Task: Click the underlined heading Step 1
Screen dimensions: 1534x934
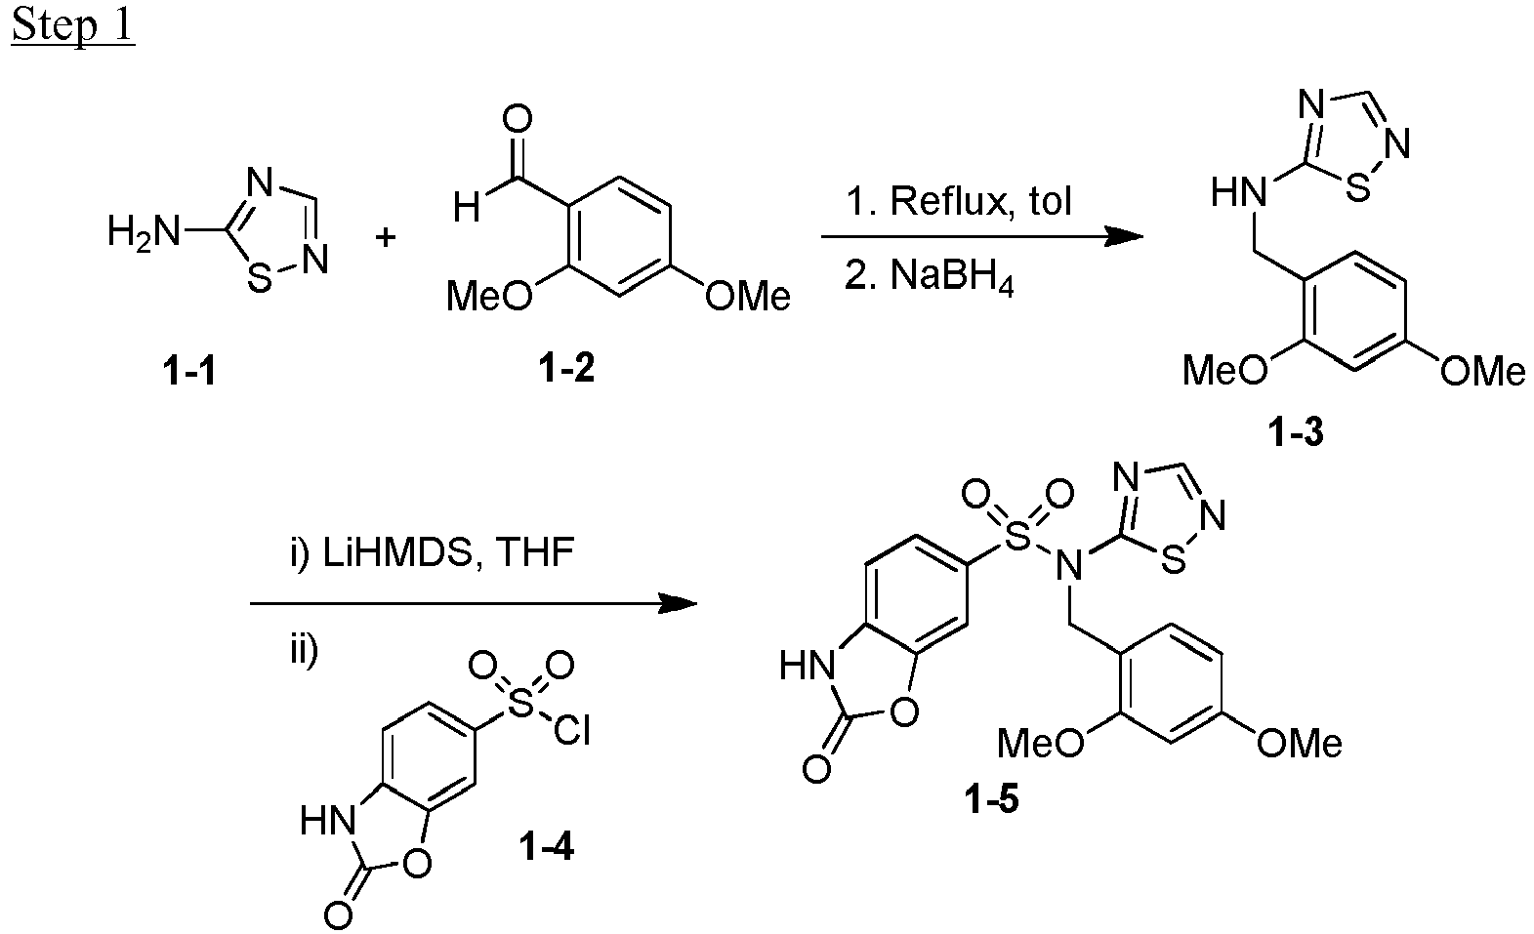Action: (73, 26)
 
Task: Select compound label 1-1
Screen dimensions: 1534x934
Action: (189, 373)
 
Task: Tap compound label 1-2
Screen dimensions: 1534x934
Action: (566, 369)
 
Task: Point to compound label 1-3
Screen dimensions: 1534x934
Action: (1296, 432)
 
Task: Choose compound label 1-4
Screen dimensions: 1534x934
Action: (546, 847)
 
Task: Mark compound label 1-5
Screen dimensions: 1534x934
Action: (991, 799)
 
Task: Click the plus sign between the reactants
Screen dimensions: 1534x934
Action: (387, 237)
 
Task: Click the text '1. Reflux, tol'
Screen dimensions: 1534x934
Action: (959, 201)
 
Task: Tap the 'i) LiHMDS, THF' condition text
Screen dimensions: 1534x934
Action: (432, 552)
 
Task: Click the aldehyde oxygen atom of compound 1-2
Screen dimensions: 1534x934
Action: (518, 119)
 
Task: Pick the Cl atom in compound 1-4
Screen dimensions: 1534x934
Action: (572, 730)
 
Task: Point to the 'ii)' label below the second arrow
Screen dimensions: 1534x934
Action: (304, 651)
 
